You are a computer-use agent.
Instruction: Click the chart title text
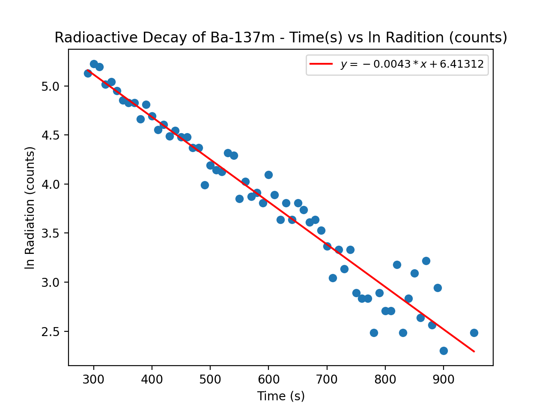(280, 38)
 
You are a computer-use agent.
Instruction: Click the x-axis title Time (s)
(281, 396)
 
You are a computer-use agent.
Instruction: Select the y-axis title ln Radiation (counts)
(30, 208)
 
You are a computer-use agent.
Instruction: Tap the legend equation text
(412, 64)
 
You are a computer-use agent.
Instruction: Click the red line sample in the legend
(321, 64)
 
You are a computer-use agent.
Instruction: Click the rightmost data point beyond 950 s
(474, 333)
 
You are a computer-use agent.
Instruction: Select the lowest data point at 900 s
(444, 351)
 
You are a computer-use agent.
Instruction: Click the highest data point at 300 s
(94, 64)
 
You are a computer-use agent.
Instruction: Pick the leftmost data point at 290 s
(88, 73)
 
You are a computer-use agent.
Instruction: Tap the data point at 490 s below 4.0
(205, 185)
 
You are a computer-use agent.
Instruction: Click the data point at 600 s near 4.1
(268, 175)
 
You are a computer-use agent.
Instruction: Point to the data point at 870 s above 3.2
(426, 261)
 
